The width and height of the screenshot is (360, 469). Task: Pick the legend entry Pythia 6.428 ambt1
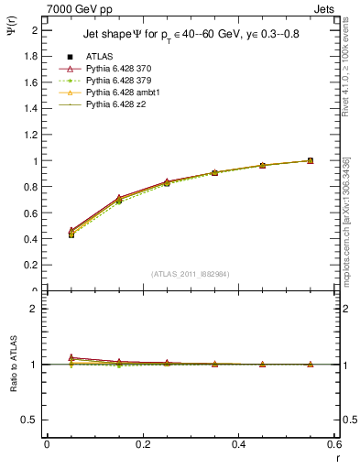pos(118,93)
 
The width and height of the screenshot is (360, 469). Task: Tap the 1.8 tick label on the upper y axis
pos(30,57)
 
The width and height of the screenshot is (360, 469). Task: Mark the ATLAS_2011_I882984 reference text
pos(190,273)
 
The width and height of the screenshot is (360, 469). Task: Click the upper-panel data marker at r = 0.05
pos(71,234)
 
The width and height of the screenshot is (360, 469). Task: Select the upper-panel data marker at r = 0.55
pos(311,160)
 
